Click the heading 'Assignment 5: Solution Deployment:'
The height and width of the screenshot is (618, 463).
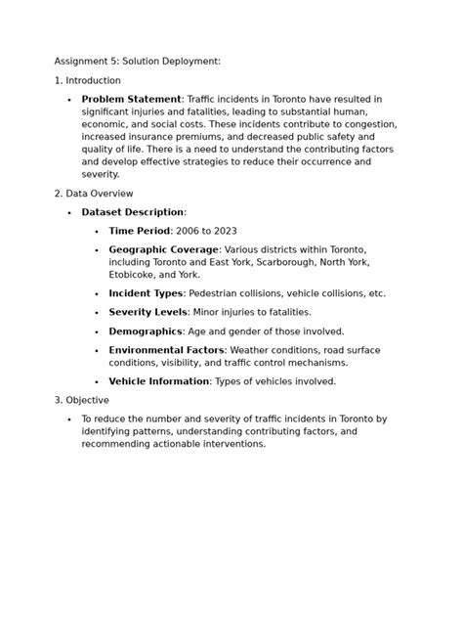(x=137, y=61)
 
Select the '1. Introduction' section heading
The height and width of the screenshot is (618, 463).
(x=88, y=80)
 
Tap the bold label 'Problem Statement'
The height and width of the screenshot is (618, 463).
(x=131, y=99)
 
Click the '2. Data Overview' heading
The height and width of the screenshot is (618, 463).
(x=94, y=194)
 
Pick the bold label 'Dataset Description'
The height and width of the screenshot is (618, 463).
(x=132, y=212)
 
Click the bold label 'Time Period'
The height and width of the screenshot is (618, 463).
(x=139, y=231)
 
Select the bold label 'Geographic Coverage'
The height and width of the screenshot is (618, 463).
(x=163, y=249)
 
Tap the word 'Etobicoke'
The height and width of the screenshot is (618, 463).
(x=135, y=275)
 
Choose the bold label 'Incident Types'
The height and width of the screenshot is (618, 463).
(x=145, y=293)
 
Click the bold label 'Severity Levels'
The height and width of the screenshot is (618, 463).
(x=147, y=312)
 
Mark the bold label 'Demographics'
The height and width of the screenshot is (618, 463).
(x=145, y=331)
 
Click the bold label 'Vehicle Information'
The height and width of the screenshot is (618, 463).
(x=158, y=381)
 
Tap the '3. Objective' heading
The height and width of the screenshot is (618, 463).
(x=82, y=400)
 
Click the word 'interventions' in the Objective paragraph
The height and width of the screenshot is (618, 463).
(x=231, y=443)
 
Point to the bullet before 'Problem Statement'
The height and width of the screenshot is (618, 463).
(x=69, y=100)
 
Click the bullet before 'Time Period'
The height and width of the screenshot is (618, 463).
(x=97, y=232)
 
